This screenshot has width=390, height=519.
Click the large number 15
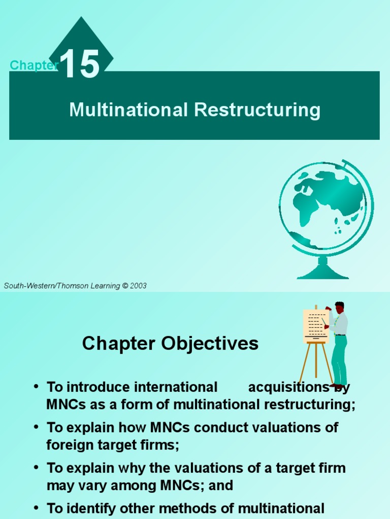(80, 63)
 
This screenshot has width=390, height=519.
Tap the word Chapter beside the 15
(34, 65)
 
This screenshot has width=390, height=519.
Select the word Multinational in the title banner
(128, 109)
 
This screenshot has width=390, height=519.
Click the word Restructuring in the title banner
(257, 110)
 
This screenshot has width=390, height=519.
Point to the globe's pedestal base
(322, 269)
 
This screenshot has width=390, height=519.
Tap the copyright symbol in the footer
(125, 286)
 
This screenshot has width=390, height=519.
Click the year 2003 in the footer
(138, 286)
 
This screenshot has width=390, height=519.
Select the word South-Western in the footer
(27, 286)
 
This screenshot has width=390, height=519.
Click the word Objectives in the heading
(210, 343)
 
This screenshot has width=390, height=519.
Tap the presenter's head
(339, 307)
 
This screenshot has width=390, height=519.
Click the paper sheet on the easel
(316, 326)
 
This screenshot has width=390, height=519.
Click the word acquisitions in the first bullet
(289, 387)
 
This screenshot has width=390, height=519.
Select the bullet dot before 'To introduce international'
(37, 386)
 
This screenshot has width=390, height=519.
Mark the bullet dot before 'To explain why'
(37, 467)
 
